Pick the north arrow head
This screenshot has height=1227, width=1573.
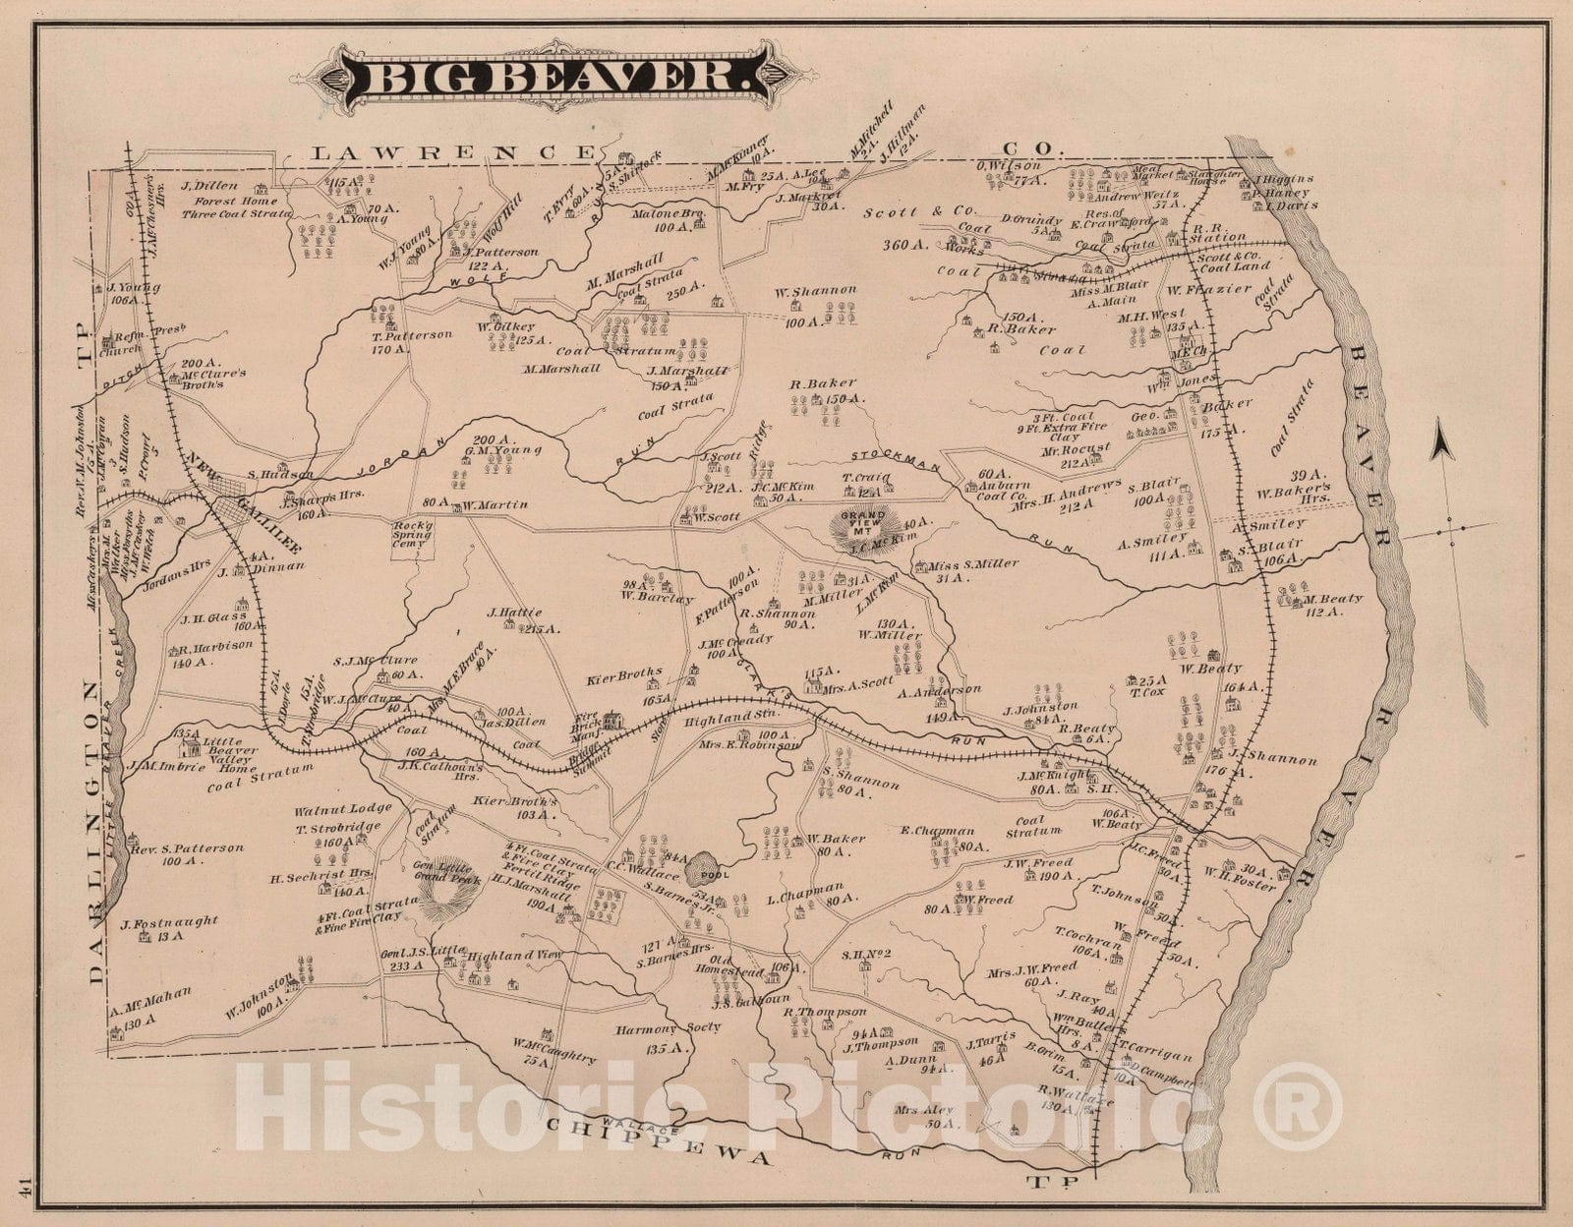pyautogui.click(x=1439, y=434)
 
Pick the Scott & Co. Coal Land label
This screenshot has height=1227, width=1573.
pyautogui.click(x=1234, y=260)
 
